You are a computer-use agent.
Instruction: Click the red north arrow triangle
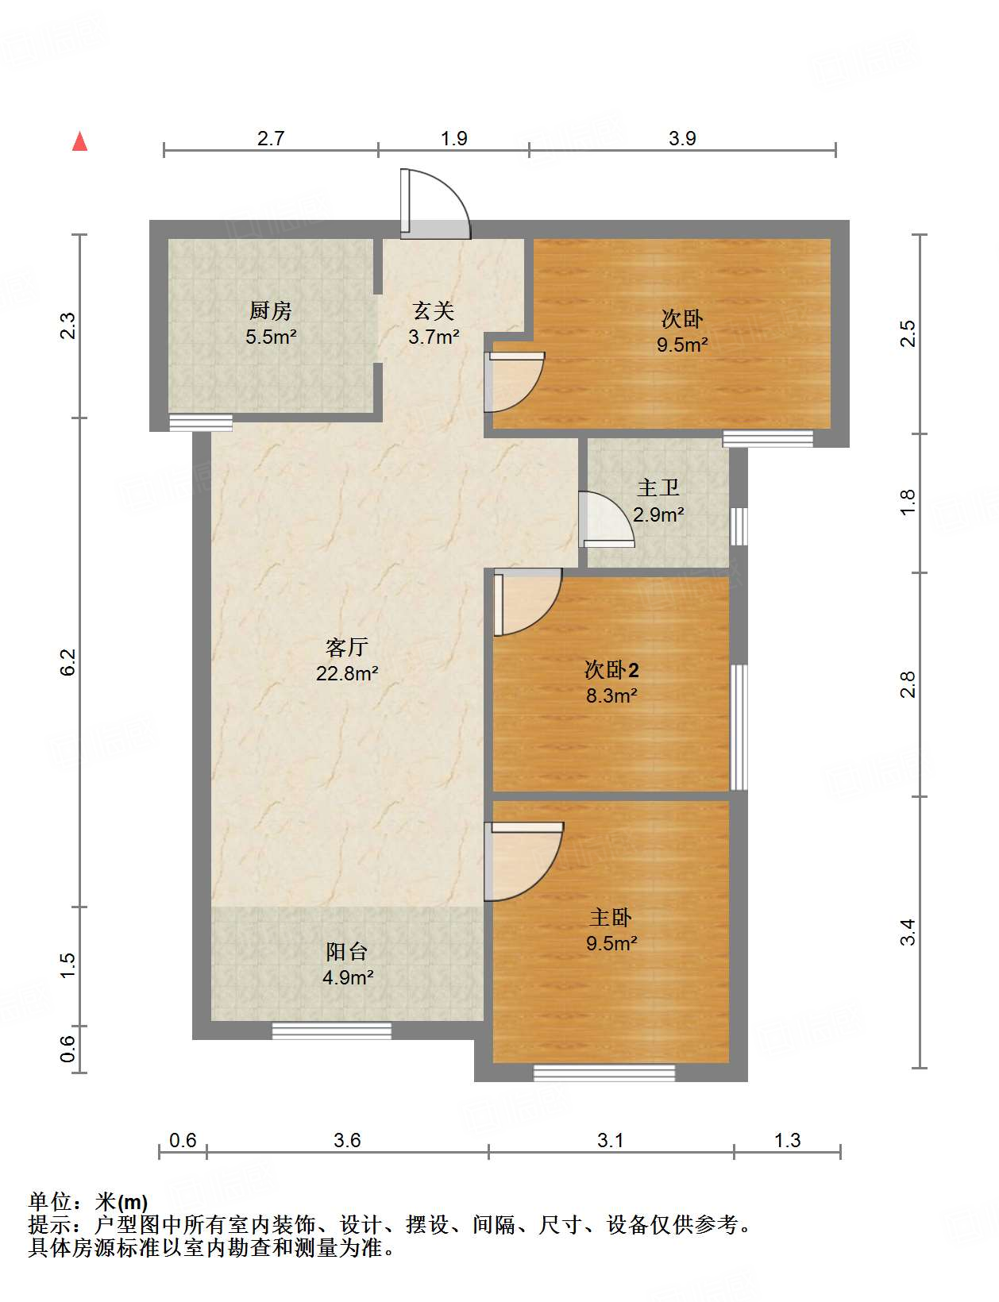[x=79, y=141]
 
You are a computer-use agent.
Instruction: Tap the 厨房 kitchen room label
[x=270, y=311]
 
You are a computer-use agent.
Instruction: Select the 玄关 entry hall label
[x=434, y=311]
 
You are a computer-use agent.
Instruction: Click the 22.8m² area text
[x=347, y=673]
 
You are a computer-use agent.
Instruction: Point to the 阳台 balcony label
[x=347, y=951]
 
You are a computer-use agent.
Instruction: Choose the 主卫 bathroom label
[x=658, y=487]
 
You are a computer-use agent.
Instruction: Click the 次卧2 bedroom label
[x=611, y=669]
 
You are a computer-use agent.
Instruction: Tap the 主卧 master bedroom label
[x=611, y=917]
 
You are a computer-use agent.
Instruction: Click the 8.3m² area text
[x=611, y=695]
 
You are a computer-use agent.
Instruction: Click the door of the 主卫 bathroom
[x=606, y=519]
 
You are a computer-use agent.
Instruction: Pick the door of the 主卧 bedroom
[x=523, y=861]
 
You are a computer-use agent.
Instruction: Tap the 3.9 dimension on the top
[x=682, y=138]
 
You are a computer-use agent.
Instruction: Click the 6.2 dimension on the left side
[x=67, y=662]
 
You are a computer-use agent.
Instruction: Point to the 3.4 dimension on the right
[x=908, y=932]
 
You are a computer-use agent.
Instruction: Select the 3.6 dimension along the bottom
[x=347, y=1140]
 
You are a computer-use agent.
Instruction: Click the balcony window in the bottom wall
[x=331, y=1030]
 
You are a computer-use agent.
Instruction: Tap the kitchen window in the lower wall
[x=200, y=422]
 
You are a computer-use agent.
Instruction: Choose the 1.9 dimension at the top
[x=453, y=138]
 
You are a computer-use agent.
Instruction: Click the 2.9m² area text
[x=658, y=514]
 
